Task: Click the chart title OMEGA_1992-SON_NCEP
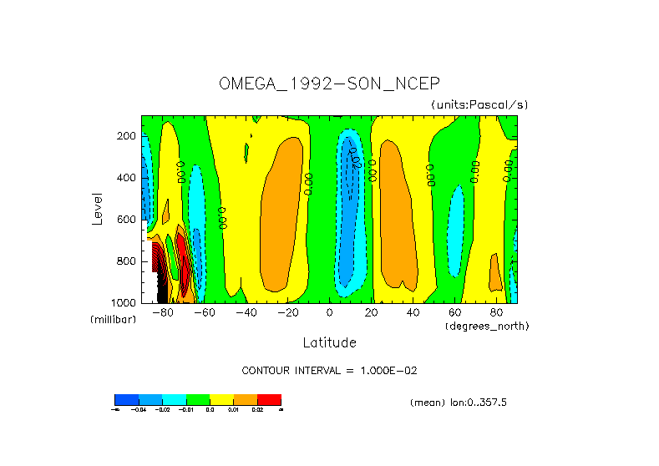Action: (329, 84)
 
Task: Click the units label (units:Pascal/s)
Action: (479, 104)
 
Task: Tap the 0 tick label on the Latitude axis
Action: (329, 313)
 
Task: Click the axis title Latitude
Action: (329, 342)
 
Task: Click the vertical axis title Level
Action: (98, 208)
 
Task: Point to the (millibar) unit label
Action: (113, 320)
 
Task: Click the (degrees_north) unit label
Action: (487, 325)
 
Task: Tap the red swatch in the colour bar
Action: (269, 399)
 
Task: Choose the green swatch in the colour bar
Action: (198, 399)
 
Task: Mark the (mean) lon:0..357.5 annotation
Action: (459, 403)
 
